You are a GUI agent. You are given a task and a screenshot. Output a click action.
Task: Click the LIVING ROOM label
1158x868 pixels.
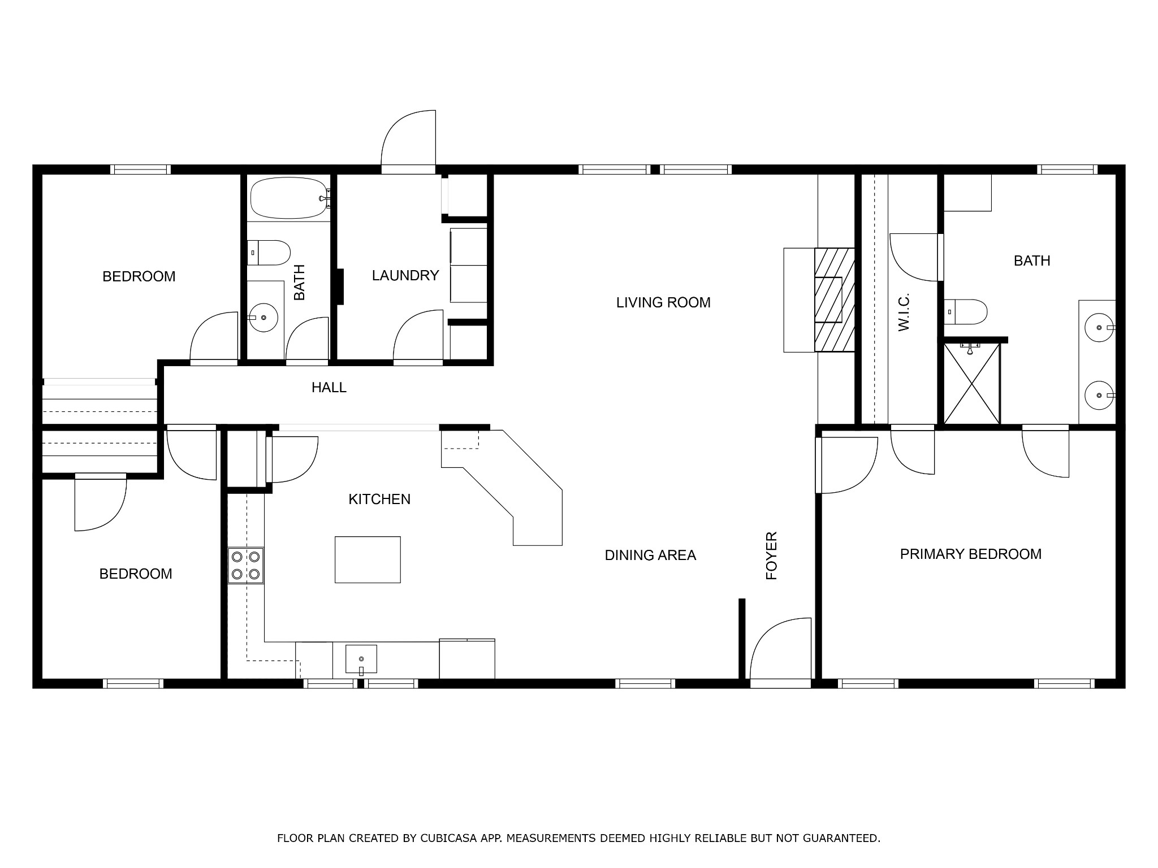(x=663, y=302)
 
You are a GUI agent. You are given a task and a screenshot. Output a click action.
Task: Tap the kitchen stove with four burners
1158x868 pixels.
(x=246, y=565)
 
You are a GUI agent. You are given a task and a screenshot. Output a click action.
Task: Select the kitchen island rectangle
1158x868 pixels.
(x=368, y=559)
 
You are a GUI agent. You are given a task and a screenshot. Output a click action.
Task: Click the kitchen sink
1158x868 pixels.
(x=361, y=659)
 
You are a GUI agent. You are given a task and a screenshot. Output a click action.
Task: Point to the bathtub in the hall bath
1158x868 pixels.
(x=289, y=198)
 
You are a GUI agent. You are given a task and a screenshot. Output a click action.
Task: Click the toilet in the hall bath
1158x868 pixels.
(x=269, y=253)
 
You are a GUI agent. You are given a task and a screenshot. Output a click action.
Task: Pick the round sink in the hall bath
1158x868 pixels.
(x=263, y=318)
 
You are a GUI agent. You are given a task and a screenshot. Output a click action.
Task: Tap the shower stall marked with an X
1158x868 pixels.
(x=971, y=384)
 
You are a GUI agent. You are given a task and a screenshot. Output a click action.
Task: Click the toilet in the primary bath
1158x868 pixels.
(x=965, y=312)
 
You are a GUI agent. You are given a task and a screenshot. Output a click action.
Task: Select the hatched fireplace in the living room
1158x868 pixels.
(x=834, y=300)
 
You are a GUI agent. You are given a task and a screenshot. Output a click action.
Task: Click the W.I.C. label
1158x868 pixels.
(x=903, y=311)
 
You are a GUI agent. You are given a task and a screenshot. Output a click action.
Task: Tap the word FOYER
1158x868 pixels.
(x=772, y=555)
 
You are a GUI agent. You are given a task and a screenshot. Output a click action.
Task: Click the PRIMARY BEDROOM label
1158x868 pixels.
(x=971, y=554)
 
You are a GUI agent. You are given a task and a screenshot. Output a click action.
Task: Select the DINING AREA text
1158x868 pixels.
(x=650, y=555)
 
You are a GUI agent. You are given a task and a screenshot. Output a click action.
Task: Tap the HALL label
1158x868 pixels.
(x=329, y=387)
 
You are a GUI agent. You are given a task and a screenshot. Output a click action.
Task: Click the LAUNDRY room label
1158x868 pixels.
(x=405, y=275)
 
